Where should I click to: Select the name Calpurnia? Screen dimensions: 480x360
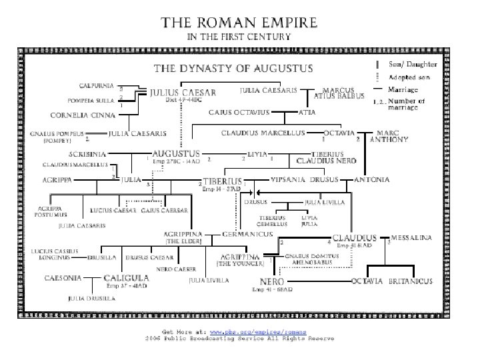pos(98,85)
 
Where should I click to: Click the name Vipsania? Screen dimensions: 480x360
pos(289,180)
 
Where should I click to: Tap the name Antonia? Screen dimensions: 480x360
pos(369,180)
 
